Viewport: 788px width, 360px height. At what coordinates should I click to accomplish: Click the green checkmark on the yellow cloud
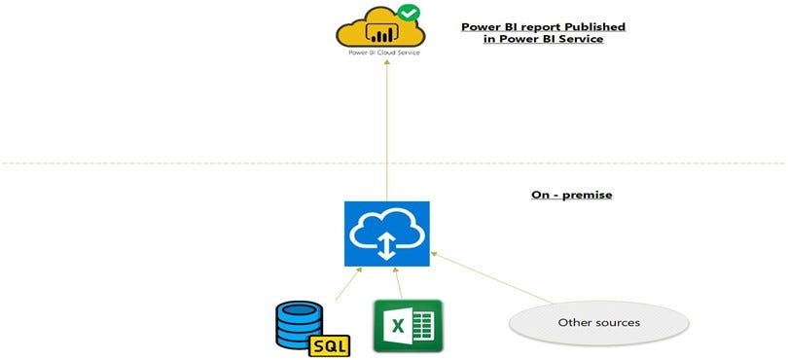click(x=409, y=15)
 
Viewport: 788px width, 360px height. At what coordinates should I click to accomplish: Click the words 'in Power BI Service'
click(x=542, y=39)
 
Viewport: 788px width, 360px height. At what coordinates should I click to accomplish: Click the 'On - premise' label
click(x=571, y=195)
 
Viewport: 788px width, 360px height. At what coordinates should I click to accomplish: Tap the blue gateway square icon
click(x=387, y=234)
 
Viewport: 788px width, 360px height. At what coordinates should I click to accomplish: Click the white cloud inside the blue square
click(x=386, y=230)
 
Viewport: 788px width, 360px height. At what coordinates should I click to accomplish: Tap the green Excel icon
click(x=408, y=325)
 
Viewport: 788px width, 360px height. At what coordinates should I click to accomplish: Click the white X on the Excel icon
click(x=398, y=326)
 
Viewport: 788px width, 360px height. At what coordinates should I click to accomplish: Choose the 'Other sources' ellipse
click(x=598, y=322)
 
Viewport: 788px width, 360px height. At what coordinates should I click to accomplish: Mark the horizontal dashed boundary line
click(x=195, y=162)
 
